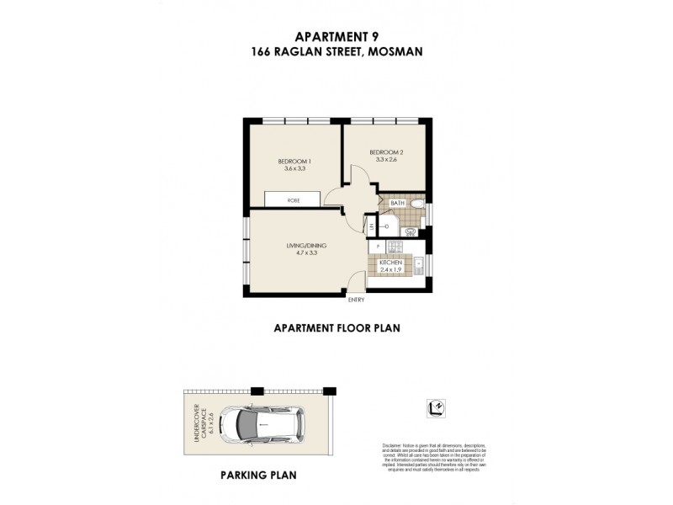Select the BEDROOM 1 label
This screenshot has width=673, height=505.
coord(295,162)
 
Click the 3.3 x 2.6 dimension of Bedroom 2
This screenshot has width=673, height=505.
coord(387,160)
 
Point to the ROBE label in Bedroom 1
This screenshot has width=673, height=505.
coord(293,200)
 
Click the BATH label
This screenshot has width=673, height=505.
coord(398,203)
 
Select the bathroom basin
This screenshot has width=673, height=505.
coord(411,231)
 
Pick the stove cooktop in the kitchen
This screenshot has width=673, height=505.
coord(396,247)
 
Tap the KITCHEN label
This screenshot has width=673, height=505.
coord(391,263)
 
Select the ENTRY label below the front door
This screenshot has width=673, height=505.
coord(356,300)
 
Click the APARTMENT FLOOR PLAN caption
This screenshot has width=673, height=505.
coord(336,329)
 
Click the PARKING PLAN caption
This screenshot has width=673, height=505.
coord(258,475)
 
